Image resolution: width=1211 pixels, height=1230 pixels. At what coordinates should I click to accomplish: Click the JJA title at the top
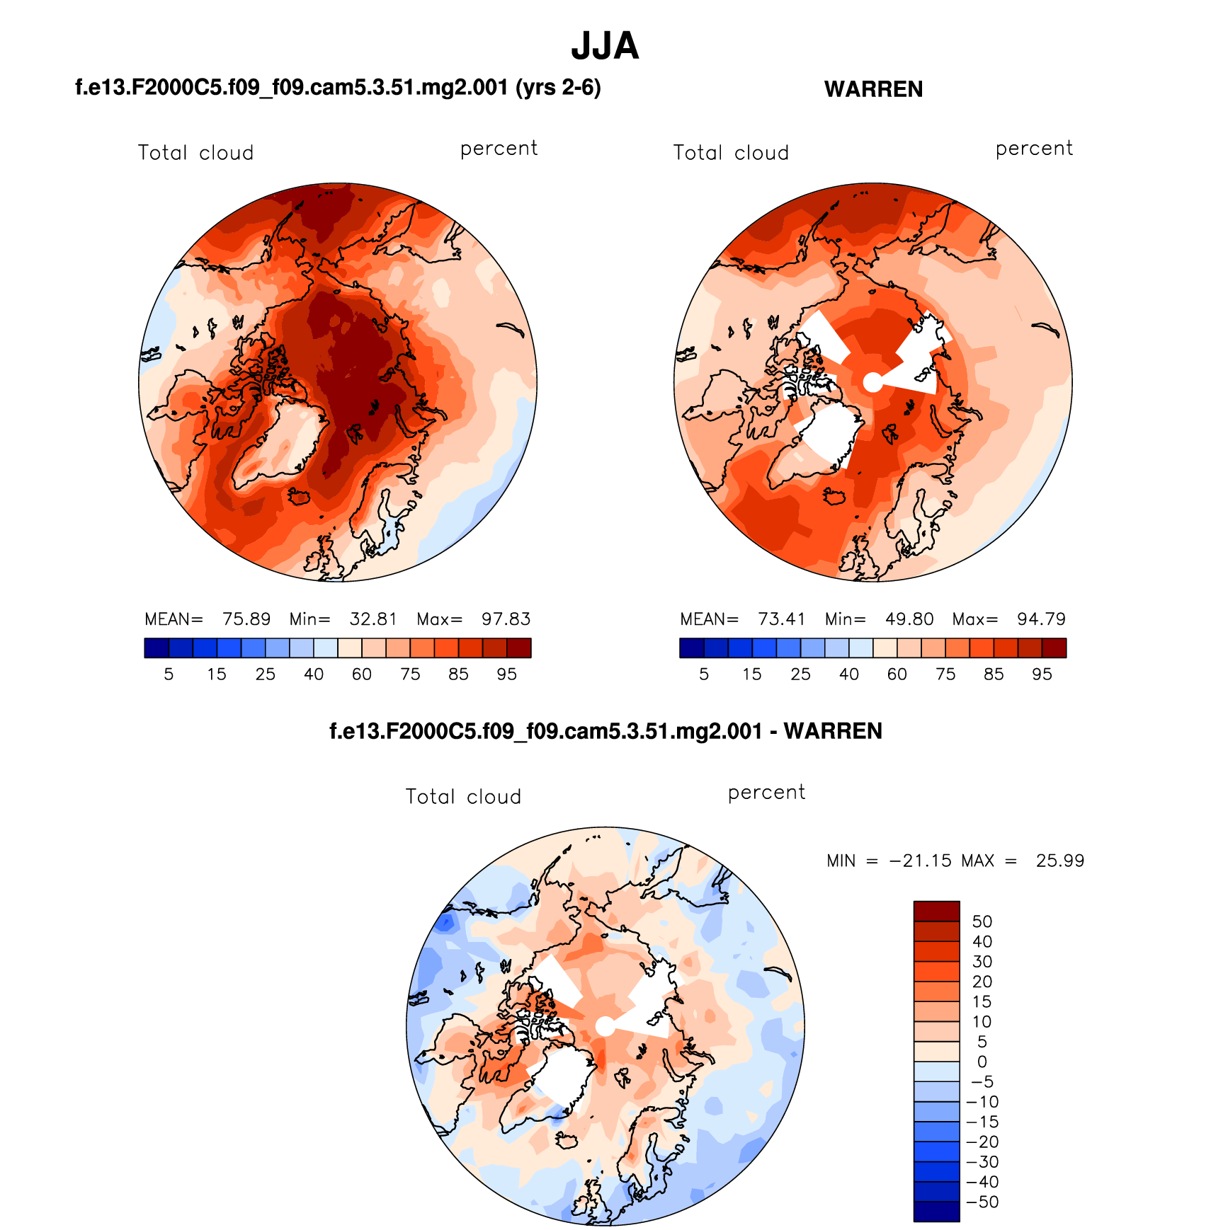(x=605, y=47)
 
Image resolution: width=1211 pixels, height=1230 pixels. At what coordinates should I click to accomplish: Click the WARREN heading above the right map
(x=873, y=89)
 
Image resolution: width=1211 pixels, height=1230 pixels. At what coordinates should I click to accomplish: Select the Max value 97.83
(x=506, y=619)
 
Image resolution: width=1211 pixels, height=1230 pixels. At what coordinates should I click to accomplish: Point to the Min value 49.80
(x=909, y=619)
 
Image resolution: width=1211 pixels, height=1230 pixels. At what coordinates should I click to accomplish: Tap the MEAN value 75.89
(x=246, y=619)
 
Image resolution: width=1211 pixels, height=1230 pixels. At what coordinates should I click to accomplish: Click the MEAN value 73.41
(x=782, y=619)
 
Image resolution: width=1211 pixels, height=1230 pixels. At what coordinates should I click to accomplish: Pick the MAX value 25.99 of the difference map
(x=1059, y=861)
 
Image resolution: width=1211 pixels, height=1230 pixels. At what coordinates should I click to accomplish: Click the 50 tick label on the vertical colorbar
(x=982, y=921)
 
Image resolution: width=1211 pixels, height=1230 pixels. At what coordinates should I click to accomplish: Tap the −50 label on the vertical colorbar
(x=982, y=1202)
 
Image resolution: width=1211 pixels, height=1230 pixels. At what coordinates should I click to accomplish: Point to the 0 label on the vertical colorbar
(x=982, y=1062)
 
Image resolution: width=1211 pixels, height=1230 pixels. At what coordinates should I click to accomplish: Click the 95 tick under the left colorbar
(x=506, y=674)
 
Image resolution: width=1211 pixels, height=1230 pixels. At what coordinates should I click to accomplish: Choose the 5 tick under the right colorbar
(x=704, y=674)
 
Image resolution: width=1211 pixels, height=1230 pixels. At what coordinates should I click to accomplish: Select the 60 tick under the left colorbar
(x=362, y=674)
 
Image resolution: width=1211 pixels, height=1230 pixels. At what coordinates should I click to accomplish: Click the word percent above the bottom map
(x=766, y=792)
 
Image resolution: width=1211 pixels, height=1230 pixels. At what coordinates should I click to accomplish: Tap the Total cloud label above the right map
(x=731, y=153)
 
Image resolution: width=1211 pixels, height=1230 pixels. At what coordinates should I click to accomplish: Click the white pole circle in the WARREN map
(x=873, y=382)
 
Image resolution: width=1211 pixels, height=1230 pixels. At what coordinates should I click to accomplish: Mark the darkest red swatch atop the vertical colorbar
(x=936, y=911)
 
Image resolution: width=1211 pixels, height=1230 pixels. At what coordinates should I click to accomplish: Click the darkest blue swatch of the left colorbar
(x=157, y=648)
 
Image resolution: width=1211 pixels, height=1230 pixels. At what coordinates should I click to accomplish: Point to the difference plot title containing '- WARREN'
(x=605, y=731)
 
